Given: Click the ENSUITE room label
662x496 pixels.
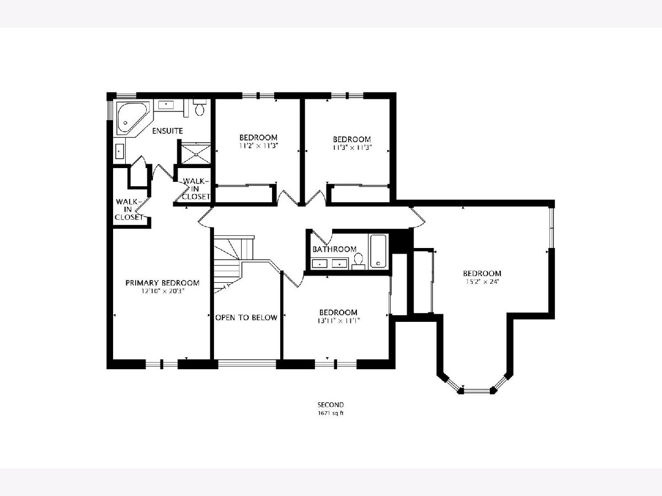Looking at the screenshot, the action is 167,131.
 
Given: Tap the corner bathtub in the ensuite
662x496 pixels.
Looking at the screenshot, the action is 132,118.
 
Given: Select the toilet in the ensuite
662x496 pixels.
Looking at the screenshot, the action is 200,107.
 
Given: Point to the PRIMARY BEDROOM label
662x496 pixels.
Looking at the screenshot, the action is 162,283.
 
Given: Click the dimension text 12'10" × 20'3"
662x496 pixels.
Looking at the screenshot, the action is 162,291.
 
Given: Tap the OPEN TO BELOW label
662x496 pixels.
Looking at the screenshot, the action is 247,317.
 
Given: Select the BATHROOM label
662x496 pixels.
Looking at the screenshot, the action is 334,249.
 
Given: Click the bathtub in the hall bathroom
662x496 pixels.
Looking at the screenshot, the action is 378,251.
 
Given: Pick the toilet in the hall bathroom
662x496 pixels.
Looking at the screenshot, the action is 358,261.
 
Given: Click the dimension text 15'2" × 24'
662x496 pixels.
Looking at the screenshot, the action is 482,282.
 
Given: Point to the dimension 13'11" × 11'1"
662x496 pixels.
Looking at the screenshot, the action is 338,321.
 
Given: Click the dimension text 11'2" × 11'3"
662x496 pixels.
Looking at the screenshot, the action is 258,145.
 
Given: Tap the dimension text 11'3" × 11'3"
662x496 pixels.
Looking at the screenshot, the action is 352,148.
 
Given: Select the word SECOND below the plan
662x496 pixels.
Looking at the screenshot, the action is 330,405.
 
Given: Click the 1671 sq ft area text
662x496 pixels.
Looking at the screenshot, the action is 330,413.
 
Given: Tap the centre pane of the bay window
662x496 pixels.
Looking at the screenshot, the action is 477,391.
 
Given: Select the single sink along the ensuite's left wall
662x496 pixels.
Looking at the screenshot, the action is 120,151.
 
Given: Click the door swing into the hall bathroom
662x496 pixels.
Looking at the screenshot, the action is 322,238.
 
